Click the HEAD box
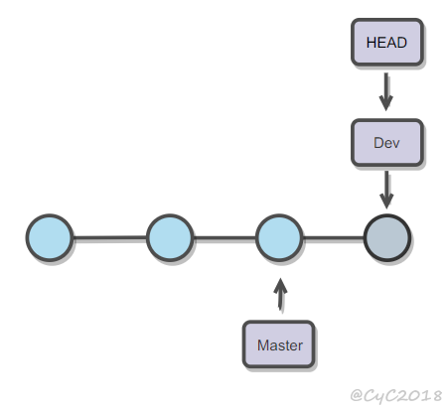tap(387, 42)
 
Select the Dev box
tap(387, 142)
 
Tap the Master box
tap(278, 344)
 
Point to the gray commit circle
tap(387, 237)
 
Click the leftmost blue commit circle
tap(50, 237)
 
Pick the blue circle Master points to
tap(279, 237)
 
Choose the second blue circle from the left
tap(170, 237)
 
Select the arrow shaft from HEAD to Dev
tap(386, 86)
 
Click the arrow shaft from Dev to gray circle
tap(386, 184)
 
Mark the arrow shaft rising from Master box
tap(281, 301)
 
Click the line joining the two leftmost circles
tap(110, 237)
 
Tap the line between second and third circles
tap(224, 237)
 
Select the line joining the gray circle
tap(333, 237)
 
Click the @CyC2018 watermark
tap(396, 395)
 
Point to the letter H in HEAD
tap(371, 43)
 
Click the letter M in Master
tap(262, 345)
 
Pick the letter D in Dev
tap(378, 143)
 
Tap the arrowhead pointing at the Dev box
tap(386, 102)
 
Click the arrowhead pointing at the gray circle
tap(386, 201)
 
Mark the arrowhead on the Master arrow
tap(281, 286)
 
